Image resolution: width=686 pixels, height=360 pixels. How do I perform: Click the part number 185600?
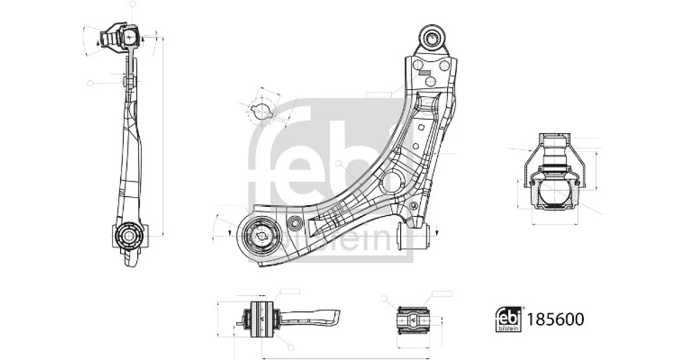[x=555, y=319]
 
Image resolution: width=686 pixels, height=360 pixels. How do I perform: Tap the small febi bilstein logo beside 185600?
[x=508, y=319]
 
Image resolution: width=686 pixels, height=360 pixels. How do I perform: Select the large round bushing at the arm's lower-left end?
[x=261, y=235]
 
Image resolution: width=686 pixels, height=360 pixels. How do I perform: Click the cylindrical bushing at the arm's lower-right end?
[x=413, y=236]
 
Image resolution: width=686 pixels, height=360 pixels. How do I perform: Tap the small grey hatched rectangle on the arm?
[x=425, y=73]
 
